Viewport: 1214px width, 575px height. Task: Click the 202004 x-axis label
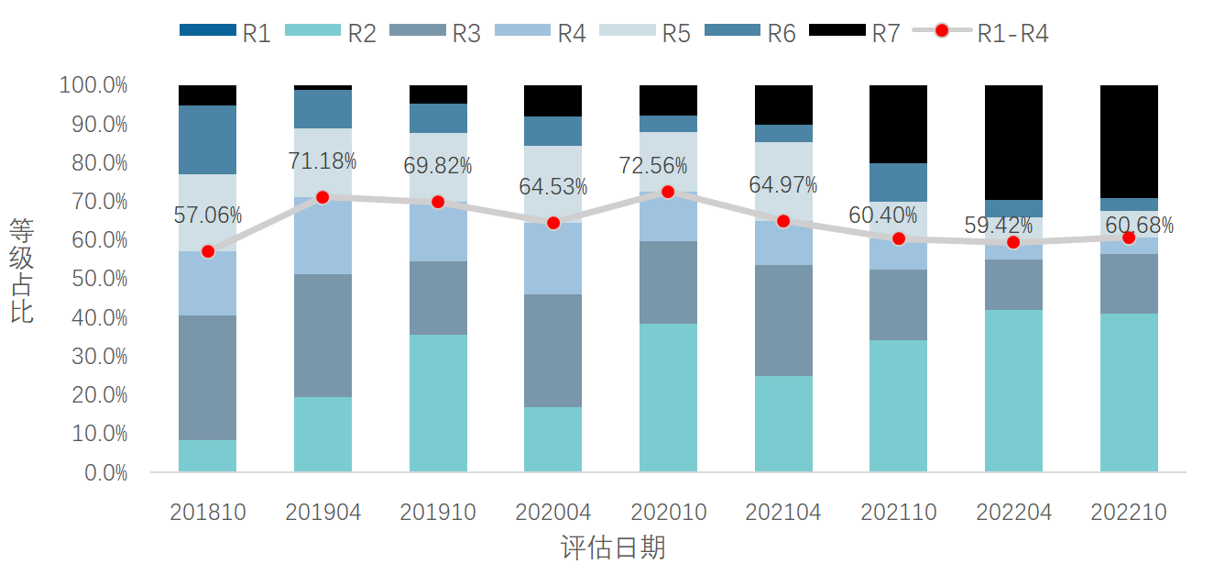pos(553,512)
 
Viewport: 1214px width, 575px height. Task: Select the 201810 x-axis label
pos(208,512)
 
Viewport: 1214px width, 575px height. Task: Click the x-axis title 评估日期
pos(613,548)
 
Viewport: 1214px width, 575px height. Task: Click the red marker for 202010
pos(668,192)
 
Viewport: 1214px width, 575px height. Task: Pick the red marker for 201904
pos(323,197)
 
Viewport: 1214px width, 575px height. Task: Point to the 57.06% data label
pos(208,216)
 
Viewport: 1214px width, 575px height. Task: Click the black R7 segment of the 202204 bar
pos(1013,142)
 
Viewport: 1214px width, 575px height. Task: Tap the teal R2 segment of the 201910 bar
pos(438,404)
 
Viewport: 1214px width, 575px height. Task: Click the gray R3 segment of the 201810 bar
pos(208,378)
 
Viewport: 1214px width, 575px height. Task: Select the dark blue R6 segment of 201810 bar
pos(208,139)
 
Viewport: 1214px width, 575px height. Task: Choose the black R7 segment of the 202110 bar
pos(899,124)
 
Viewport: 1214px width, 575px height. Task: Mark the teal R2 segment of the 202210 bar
pos(1129,393)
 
